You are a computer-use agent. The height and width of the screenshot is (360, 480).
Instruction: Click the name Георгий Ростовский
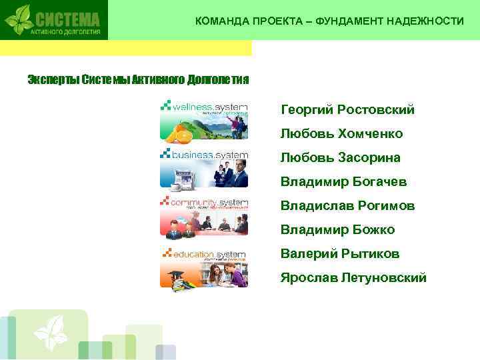[347, 110]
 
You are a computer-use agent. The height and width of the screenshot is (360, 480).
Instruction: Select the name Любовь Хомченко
[341, 134]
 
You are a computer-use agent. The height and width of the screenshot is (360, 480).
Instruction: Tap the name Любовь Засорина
[340, 158]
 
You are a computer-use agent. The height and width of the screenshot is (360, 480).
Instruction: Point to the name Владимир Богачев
[343, 182]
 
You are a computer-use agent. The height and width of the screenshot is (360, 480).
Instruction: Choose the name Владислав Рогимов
[347, 206]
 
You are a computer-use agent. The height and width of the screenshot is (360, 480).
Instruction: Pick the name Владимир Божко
[337, 230]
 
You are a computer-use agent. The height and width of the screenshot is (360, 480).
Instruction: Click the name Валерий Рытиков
[340, 254]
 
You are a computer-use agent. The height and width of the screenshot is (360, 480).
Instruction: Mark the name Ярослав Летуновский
[353, 278]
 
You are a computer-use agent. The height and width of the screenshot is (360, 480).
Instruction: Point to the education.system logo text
[209, 254]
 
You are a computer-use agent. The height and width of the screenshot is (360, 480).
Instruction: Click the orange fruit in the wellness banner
[176, 135]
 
